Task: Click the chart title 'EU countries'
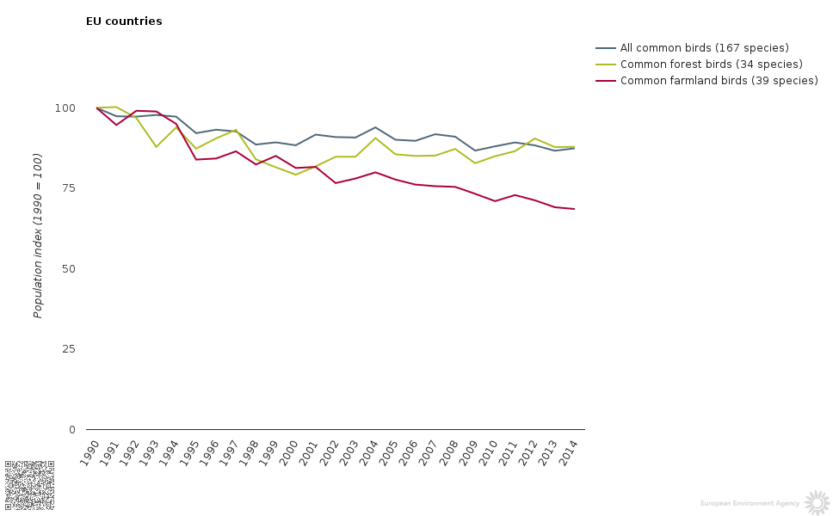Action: click(x=124, y=21)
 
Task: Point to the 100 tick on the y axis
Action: click(x=65, y=108)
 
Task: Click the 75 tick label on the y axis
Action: click(x=68, y=188)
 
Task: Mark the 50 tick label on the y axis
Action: click(x=68, y=269)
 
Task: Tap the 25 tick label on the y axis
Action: click(x=68, y=349)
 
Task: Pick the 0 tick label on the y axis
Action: click(x=71, y=430)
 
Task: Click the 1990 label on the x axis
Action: click(x=89, y=452)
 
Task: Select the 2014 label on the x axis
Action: click(x=567, y=452)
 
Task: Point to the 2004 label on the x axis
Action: click(x=368, y=452)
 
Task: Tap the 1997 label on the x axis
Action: click(x=229, y=452)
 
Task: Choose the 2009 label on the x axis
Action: click(x=467, y=452)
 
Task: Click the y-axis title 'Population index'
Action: click(x=38, y=236)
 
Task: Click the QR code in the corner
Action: click(x=29, y=485)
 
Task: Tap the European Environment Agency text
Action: click(x=750, y=504)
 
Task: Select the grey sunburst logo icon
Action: click(x=817, y=503)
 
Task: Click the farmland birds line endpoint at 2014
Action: click(x=574, y=209)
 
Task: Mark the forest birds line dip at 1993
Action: click(x=156, y=147)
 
